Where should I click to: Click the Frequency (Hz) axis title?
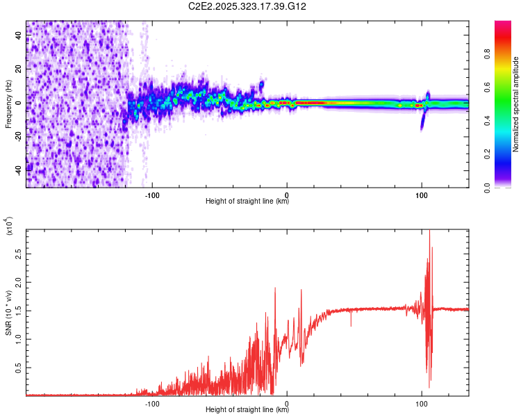(8, 104)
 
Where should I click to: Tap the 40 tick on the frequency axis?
(19, 35)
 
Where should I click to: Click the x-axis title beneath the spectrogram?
(247, 202)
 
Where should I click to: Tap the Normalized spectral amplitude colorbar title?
(515, 104)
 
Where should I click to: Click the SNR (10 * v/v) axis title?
(8, 312)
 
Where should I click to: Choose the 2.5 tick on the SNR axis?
(19, 255)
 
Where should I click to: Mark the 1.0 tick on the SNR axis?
(19, 339)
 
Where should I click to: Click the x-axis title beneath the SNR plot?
(247, 410)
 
